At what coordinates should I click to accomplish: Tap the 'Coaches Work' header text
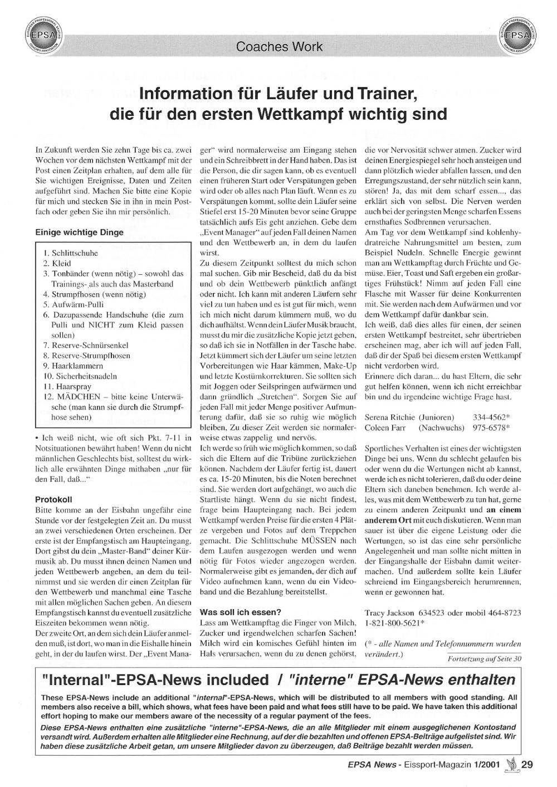pos(279,47)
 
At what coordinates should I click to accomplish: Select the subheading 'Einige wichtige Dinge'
pos(80,232)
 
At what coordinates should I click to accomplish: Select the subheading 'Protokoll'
pos(53,499)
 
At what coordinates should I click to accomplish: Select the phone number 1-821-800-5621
pos(393,623)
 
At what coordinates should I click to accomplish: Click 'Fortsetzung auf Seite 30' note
pos(485,658)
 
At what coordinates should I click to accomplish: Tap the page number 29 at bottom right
pos(527,765)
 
